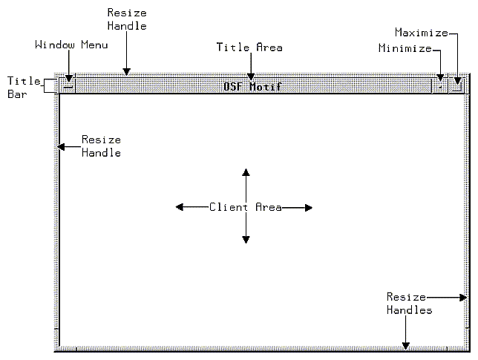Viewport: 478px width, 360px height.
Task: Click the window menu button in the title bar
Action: [x=68, y=85]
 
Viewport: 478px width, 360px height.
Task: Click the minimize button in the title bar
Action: [x=441, y=85]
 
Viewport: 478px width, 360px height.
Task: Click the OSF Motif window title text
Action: [x=252, y=86]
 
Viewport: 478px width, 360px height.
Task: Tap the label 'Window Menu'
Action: [x=71, y=45]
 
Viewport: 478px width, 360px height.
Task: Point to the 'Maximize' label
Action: [x=421, y=33]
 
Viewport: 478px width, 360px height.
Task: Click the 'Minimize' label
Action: [x=405, y=49]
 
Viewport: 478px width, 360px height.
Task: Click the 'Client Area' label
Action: [x=245, y=207]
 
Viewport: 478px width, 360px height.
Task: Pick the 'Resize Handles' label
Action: [x=408, y=304]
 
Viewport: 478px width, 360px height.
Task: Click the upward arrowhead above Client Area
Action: [x=246, y=173]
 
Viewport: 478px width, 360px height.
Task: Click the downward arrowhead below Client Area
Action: [x=246, y=239]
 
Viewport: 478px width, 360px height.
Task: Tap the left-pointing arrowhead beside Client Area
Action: [x=180, y=207]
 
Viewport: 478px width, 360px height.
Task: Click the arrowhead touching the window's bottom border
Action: [x=405, y=344]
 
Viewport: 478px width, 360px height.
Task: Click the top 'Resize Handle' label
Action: [x=127, y=19]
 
